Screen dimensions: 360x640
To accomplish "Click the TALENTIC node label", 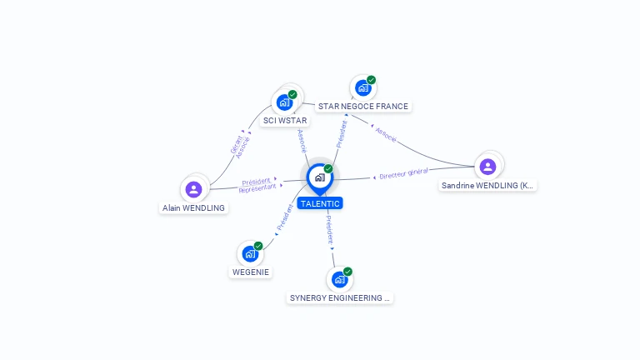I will point(320,203).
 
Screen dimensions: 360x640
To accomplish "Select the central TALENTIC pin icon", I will point(319,177).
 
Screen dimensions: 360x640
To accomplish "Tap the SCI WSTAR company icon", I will point(284,102).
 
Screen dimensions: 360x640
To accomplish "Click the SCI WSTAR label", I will point(285,120).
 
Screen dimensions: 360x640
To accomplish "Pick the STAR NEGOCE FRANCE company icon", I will point(362,87).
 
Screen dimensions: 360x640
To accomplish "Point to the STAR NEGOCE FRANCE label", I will point(363,106).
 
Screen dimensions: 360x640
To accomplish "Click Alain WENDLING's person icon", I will point(194,189).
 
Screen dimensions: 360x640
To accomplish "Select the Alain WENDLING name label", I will point(194,207).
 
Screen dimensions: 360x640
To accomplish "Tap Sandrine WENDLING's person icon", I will point(487,167).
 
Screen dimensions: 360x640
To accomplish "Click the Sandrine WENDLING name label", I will point(488,185).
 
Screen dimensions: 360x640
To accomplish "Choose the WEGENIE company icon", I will point(250,253).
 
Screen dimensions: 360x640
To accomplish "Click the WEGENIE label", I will point(251,272).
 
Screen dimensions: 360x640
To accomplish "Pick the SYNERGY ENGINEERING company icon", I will point(339,279).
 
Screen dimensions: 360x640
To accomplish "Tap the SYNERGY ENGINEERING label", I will point(339,297).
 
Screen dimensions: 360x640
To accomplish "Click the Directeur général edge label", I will point(403,173).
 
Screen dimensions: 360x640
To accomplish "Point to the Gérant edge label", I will point(235,144).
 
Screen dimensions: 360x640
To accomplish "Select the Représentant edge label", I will point(257,188).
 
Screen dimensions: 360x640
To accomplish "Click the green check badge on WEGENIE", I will point(258,246).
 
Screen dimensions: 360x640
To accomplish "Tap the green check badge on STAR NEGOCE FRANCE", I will point(371,80).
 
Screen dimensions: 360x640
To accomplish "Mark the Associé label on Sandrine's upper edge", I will point(386,133).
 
